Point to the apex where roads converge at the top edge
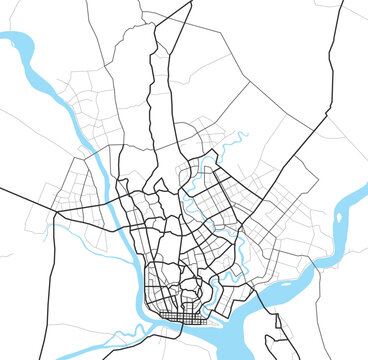(x=190, y=3)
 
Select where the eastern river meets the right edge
(x=364, y=190)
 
